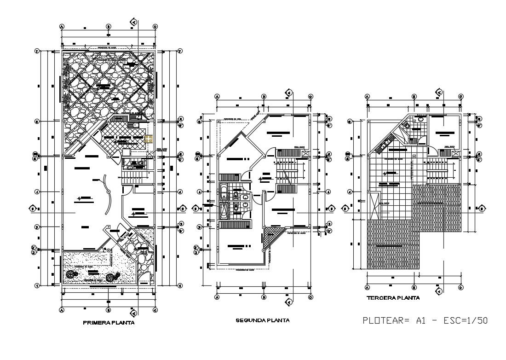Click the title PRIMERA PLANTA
pos(109,323)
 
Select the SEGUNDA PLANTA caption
pos(262,320)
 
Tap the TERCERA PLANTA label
pos(393,298)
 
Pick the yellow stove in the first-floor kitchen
pos(149,139)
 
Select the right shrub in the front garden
pos(110,277)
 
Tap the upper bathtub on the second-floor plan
pos(224,191)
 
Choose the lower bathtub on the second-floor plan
pos(224,211)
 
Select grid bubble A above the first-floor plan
pos(62,27)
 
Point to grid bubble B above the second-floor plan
pos(264,97)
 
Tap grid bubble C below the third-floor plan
pos(460,287)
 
